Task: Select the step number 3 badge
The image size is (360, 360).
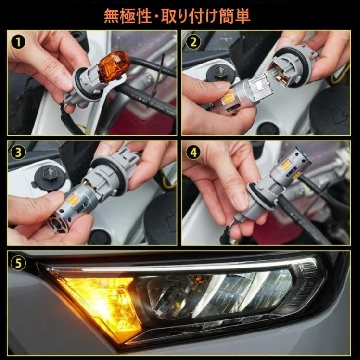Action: point(19,153)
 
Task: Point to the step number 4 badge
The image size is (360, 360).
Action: point(193,153)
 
